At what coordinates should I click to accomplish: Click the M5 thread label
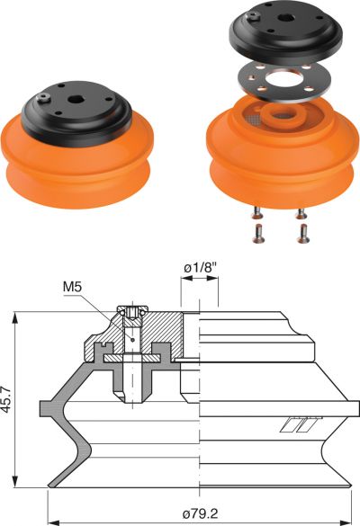(x=73, y=287)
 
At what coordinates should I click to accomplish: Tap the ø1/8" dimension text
(x=200, y=268)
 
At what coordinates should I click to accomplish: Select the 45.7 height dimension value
(x=5, y=399)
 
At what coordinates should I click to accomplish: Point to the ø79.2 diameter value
(x=200, y=513)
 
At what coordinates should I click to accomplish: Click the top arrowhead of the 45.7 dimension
(x=14, y=317)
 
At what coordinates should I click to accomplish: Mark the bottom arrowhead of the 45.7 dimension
(x=14, y=482)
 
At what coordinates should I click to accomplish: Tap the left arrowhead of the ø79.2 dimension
(x=54, y=522)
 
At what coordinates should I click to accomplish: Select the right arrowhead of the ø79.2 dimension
(x=346, y=522)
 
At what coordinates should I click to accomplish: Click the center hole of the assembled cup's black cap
(x=74, y=99)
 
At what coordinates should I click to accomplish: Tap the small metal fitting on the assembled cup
(x=43, y=98)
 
